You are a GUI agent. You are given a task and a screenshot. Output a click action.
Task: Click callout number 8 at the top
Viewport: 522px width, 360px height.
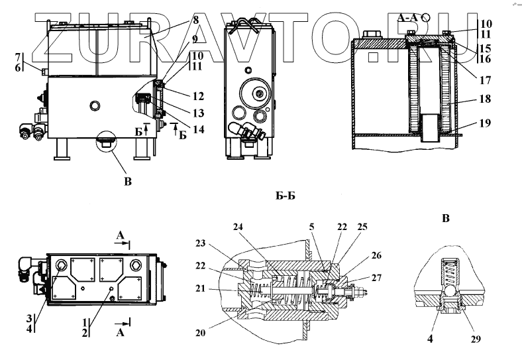tap(196, 21)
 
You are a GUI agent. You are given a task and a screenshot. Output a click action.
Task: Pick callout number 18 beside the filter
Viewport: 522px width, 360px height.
tap(486, 100)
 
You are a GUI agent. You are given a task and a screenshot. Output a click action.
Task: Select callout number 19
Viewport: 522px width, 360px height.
tap(486, 123)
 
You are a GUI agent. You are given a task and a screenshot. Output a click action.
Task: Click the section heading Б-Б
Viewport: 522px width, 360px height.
tap(285, 196)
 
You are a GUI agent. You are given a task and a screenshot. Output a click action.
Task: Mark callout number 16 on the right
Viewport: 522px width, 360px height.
tap(486, 59)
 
